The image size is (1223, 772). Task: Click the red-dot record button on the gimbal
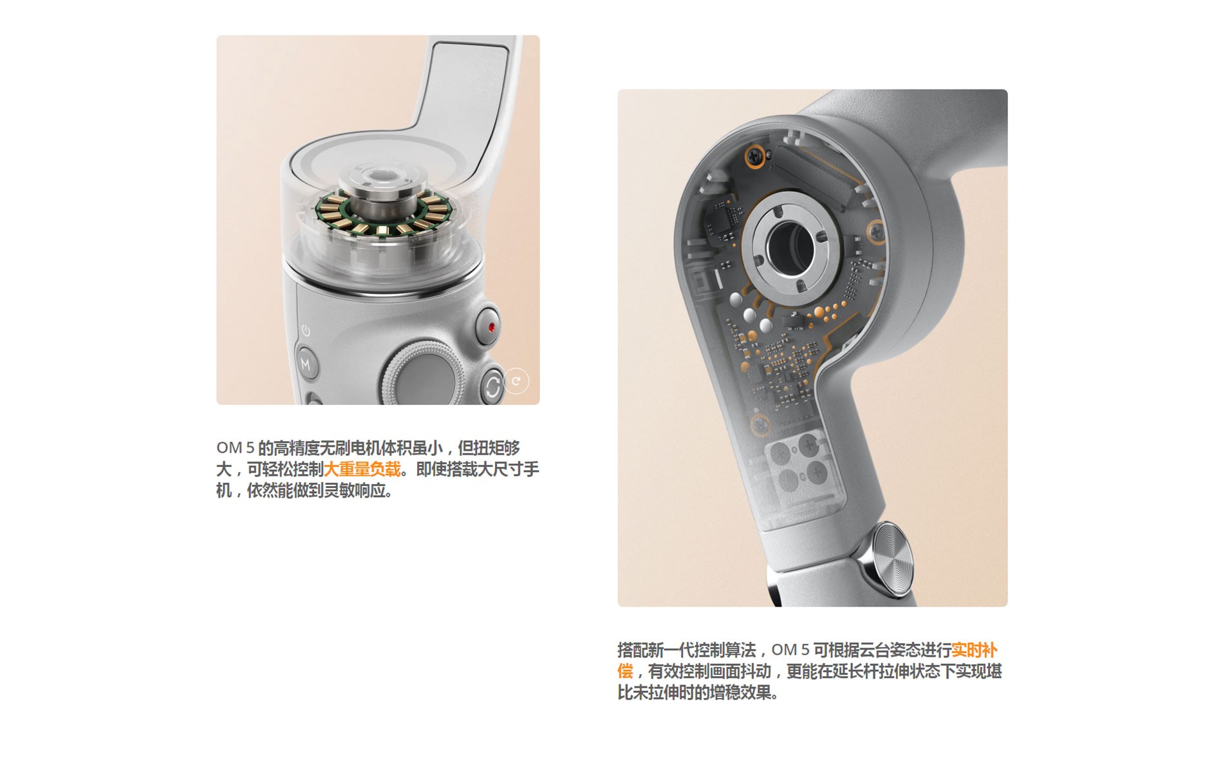click(x=490, y=327)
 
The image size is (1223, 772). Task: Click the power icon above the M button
click(x=306, y=331)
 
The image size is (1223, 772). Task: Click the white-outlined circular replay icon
click(x=516, y=381)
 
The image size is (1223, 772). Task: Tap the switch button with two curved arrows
click(x=493, y=386)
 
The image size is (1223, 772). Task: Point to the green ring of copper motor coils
click(x=384, y=212)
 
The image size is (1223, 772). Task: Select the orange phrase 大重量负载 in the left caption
click(x=362, y=469)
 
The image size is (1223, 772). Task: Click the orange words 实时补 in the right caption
click(x=974, y=650)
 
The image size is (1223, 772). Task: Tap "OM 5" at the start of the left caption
click(x=235, y=448)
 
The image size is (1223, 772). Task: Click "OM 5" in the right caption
click(x=790, y=650)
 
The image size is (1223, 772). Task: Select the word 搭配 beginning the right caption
click(x=633, y=650)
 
